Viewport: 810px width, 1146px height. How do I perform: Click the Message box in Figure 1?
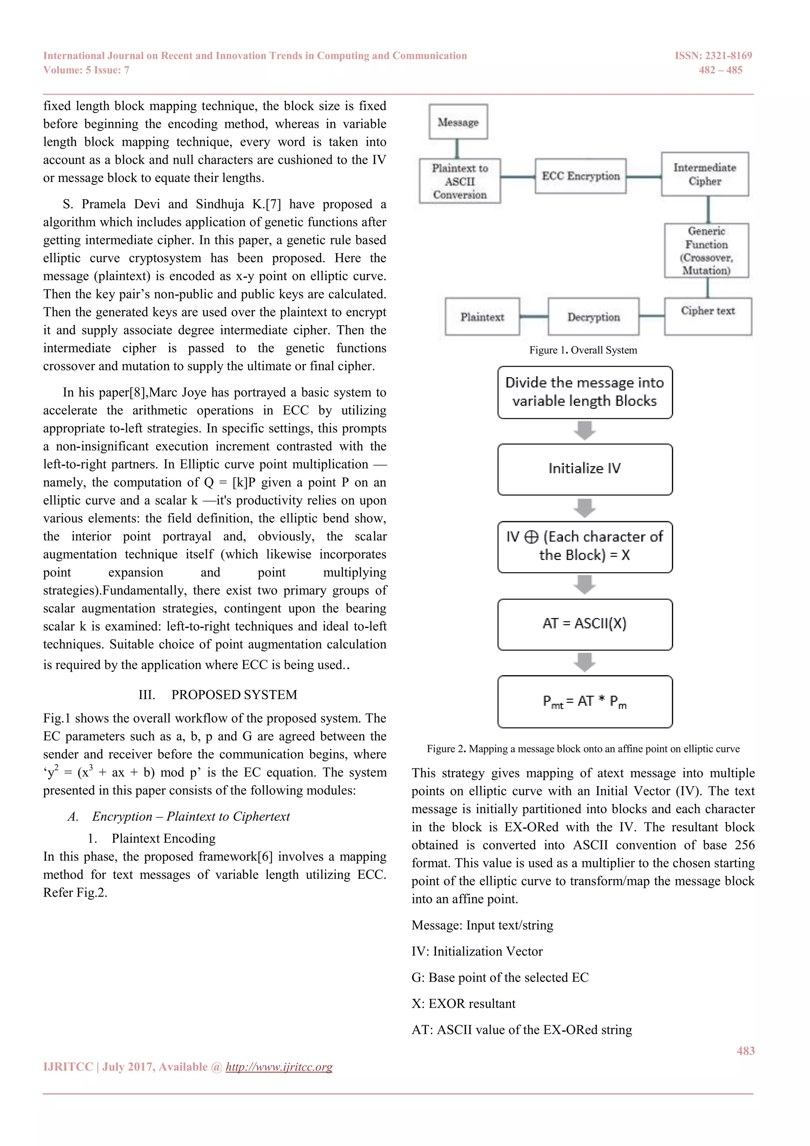click(458, 122)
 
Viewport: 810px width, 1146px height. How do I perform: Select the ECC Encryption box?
click(580, 176)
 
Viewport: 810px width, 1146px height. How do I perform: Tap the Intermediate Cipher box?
click(704, 174)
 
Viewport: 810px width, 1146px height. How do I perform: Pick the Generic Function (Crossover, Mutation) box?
click(706, 250)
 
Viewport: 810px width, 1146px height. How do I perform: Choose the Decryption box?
click(593, 317)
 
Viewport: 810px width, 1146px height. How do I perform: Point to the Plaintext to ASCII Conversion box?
click(459, 181)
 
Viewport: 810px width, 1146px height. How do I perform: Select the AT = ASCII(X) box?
click(585, 624)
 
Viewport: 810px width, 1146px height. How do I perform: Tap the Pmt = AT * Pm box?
click(585, 701)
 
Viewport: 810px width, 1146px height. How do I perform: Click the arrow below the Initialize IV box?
click(585, 508)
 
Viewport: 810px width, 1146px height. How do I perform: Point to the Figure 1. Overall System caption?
click(583, 350)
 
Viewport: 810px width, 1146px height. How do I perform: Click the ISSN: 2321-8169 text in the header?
click(713, 56)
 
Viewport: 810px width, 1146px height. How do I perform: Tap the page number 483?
click(745, 1051)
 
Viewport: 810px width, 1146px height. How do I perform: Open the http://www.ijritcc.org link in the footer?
click(279, 1066)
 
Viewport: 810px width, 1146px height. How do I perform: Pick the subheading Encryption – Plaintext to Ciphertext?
click(191, 817)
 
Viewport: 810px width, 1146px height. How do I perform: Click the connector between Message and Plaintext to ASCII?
click(457, 149)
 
